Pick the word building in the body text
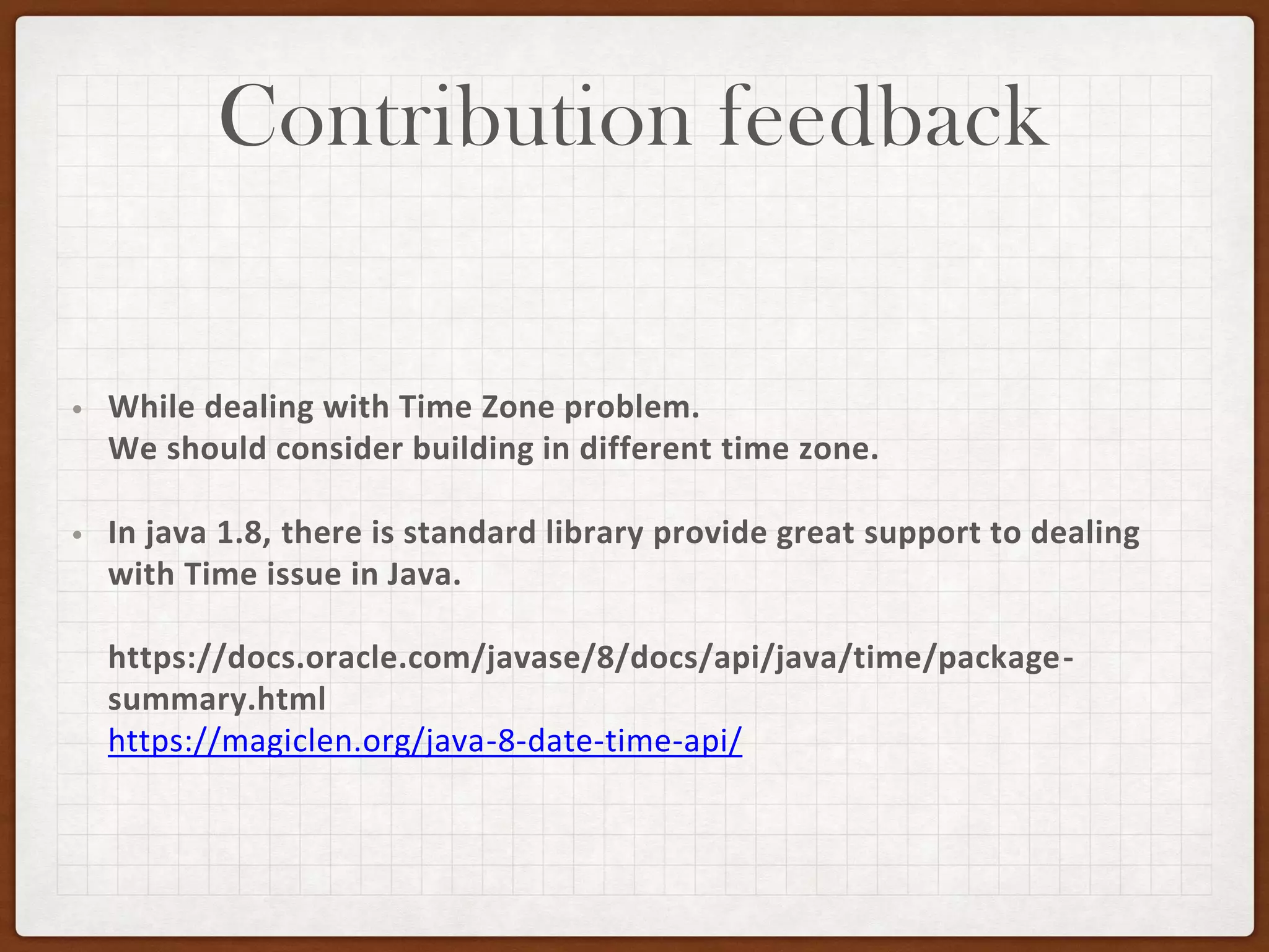point(473,449)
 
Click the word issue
point(304,575)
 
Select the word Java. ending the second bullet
point(424,575)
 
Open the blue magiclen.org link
point(425,741)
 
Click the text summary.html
point(217,700)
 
